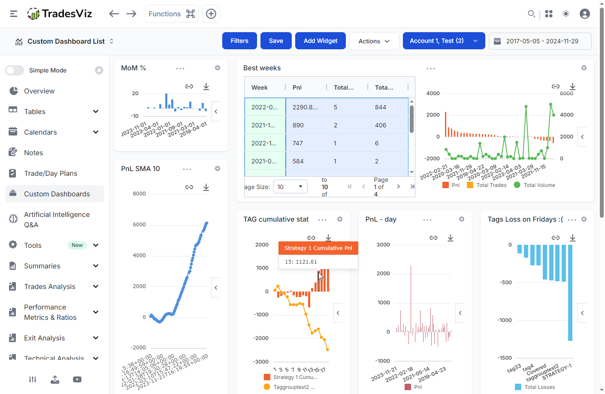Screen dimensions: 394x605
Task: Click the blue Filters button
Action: (x=239, y=41)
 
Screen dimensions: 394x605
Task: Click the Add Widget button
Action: (x=320, y=41)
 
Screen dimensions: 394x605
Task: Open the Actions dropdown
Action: (x=374, y=41)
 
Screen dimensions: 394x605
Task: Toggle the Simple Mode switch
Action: (x=15, y=70)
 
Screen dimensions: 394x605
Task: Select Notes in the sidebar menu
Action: (x=33, y=153)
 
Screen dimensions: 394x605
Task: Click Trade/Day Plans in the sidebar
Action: (x=50, y=173)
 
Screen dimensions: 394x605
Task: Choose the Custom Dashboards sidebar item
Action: (x=57, y=194)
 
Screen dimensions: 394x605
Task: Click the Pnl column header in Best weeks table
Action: (x=297, y=87)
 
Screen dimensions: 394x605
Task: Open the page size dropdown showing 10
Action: (x=290, y=186)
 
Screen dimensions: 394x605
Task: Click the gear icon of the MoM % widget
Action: (x=218, y=68)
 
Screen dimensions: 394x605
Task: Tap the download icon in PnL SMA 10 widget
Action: (x=206, y=187)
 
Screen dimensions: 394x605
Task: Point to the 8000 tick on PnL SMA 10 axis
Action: (x=139, y=194)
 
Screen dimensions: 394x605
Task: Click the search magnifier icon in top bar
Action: (x=531, y=14)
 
